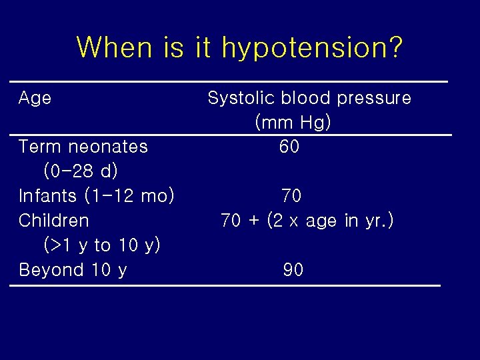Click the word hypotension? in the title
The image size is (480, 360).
click(312, 48)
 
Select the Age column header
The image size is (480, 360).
click(35, 99)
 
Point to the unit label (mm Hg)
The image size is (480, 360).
click(293, 123)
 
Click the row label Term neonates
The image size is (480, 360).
click(83, 147)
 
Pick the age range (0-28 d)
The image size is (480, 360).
click(81, 171)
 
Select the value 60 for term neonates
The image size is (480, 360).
click(289, 147)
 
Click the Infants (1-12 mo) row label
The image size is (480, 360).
click(97, 196)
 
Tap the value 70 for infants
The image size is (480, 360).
click(291, 196)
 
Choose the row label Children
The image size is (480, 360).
click(53, 221)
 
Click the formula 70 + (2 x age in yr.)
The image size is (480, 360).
click(307, 221)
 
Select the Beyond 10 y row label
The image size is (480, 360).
click(73, 270)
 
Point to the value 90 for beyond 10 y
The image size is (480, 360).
click(293, 270)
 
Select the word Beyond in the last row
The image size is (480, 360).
click(47, 270)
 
